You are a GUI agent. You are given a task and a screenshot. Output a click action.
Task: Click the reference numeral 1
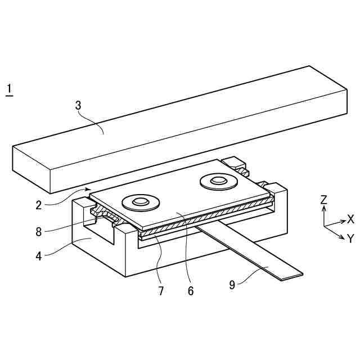(x=8, y=89)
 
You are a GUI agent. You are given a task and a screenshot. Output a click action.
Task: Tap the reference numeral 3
(x=78, y=105)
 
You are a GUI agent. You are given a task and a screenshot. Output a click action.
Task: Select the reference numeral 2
(x=39, y=205)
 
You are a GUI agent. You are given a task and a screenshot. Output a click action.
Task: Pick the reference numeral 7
(x=161, y=291)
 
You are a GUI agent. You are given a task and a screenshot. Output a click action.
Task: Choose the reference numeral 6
(x=190, y=291)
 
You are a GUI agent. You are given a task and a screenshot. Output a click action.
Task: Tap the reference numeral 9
(x=232, y=285)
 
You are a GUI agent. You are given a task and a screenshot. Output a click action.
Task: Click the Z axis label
(x=323, y=200)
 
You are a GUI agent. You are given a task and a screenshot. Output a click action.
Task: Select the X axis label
(x=350, y=219)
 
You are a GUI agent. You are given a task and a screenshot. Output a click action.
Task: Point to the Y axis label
(x=350, y=238)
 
